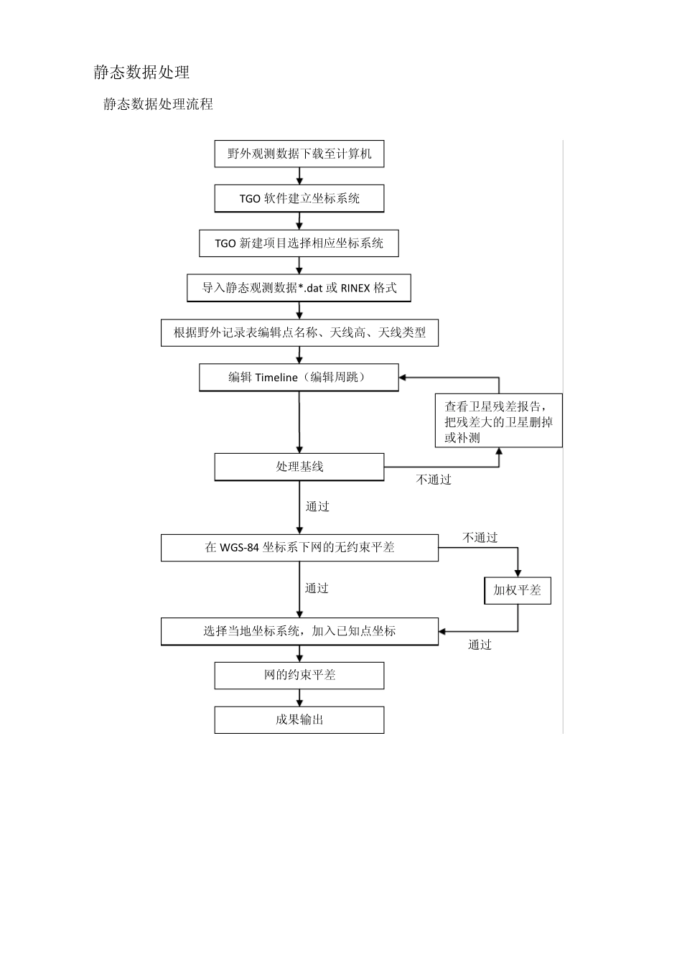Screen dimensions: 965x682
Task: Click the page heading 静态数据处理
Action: pyautogui.click(x=141, y=73)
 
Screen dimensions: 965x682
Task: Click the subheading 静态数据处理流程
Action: pyautogui.click(x=158, y=105)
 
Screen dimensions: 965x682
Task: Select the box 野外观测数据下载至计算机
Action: pyautogui.click(x=299, y=154)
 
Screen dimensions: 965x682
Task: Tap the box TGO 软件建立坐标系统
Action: pyautogui.click(x=299, y=199)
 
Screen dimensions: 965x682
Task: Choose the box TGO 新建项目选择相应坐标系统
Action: pyautogui.click(x=299, y=243)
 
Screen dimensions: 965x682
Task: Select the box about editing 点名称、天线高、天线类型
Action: pyautogui.click(x=299, y=333)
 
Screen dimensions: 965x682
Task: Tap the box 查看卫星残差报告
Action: pyautogui.click(x=498, y=421)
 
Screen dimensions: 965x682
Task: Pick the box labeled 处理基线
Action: pyautogui.click(x=299, y=467)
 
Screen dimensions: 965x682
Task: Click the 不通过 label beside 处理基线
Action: pyautogui.click(x=434, y=480)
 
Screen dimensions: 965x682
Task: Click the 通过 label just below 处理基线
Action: pyautogui.click(x=317, y=507)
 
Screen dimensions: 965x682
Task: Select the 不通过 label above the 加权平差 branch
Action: pyautogui.click(x=480, y=538)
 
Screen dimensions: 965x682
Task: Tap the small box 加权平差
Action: pyautogui.click(x=517, y=591)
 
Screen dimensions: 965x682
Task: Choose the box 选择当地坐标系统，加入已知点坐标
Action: pyautogui.click(x=299, y=632)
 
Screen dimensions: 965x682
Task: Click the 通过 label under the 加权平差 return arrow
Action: pyautogui.click(x=480, y=645)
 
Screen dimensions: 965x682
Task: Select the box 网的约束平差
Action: pyautogui.click(x=299, y=676)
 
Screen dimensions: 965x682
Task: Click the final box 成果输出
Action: pyautogui.click(x=299, y=720)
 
